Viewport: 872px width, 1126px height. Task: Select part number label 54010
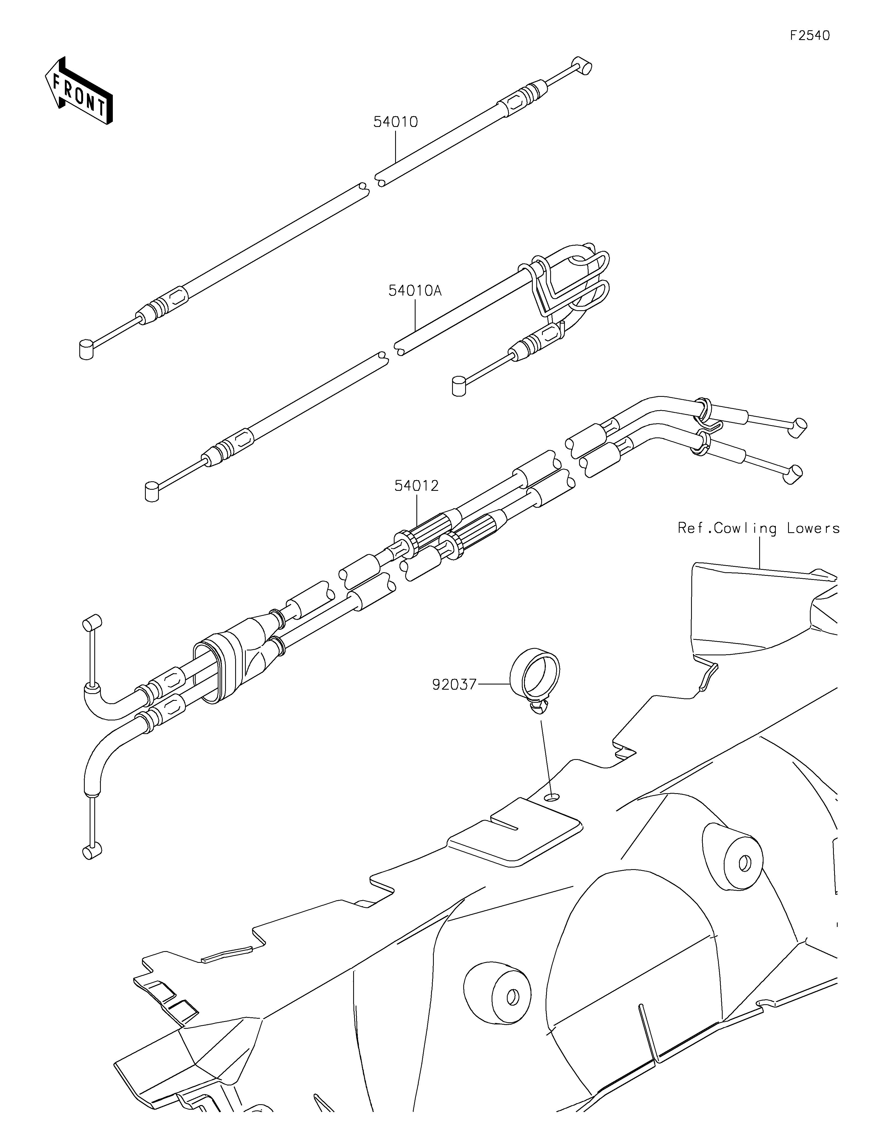pyautogui.click(x=395, y=122)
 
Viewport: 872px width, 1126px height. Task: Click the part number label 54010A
pyautogui.click(x=415, y=291)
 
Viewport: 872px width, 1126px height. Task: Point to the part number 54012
pyautogui.click(x=416, y=486)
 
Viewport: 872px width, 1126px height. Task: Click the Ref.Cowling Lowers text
pyautogui.click(x=759, y=528)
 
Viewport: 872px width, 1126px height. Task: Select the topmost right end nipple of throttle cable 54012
pyautogui.click(x=799, y=428)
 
